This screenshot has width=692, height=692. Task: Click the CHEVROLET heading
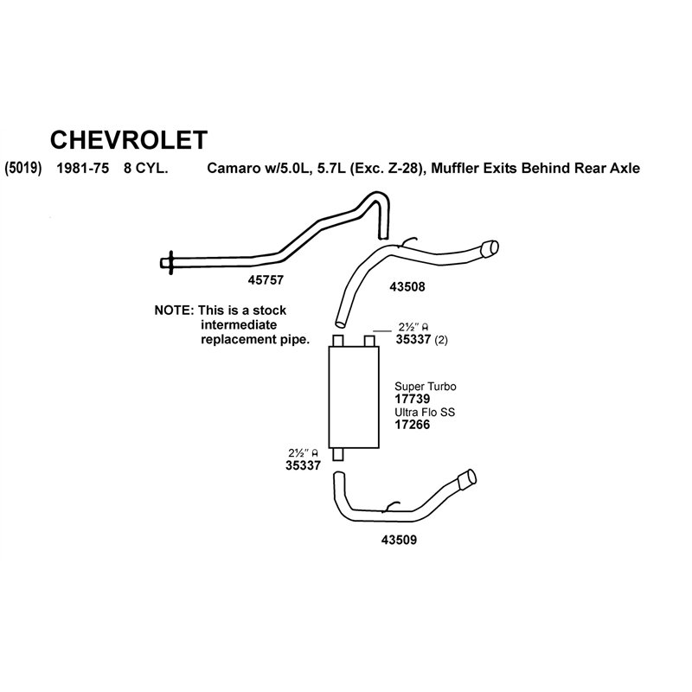[128, 140]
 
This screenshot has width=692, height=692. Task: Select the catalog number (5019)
[23, 168]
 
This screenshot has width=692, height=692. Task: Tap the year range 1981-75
[82, 168]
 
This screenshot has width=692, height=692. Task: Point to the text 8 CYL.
[145, 168]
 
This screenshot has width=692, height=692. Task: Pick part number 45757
[266, 279]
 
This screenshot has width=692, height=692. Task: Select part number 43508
[407, 287]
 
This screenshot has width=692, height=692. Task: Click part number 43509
[399, 540]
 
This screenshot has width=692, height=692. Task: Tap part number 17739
[413, 399]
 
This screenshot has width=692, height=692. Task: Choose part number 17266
[413, 425]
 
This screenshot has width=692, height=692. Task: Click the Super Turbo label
[426, 387]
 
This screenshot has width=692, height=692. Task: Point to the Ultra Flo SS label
[425, 413]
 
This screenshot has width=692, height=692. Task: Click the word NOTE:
[174, 311]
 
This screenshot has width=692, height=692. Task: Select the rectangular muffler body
[354, 397]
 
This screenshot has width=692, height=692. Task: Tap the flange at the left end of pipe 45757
[170, 263]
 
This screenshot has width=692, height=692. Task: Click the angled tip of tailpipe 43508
[490, 248]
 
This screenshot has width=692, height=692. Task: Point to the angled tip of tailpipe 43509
[468, 479]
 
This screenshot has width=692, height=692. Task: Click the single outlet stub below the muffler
[338, 454]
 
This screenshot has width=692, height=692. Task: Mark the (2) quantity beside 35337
[441, 340]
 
